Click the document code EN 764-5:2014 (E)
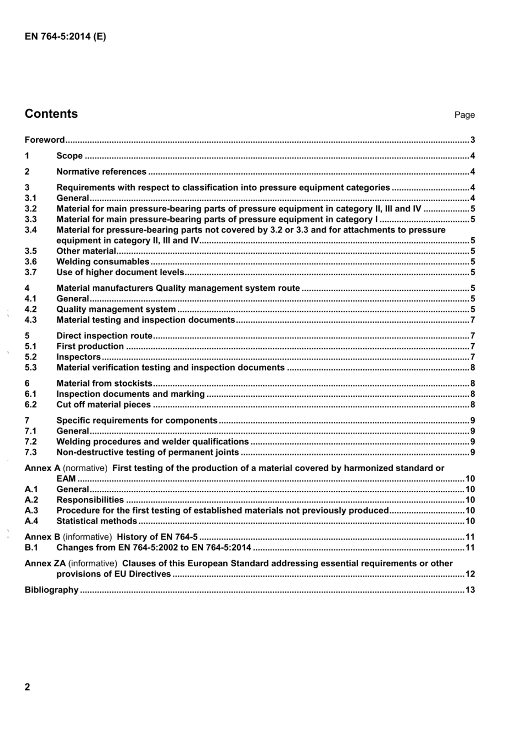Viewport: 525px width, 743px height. pyautogui.click(x=65, y=36)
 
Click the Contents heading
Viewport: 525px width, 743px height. pyautogui.click(x=51, y=114)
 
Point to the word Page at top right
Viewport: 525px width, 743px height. pyautogui.click(x=464, y=115)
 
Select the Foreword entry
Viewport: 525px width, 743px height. pyautogui.click(x=45, y=140)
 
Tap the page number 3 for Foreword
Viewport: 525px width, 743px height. pyautogui.click(x=473, y=140)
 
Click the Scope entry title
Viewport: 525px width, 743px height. pyautogui.click(x=70, y=156)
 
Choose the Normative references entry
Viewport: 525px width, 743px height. pyautogui.click(x=101, y=172)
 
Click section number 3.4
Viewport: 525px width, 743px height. pyautogui.click(x=31, y=230)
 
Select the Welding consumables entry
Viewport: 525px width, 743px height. pyautogui.click(x=103, y=262)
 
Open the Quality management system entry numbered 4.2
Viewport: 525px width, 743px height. pyautogui.click(x=116, y=310)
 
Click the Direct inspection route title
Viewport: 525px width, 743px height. pyautogui.click(x=104, y=336)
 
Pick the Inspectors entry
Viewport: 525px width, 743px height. pyautogui.click(x=78, y=357)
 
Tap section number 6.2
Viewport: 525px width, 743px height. pyautogui.click(x=31, y=405)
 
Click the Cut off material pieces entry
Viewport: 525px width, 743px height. pyautogui.click(x=103, y=405)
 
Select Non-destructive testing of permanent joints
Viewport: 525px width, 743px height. pyautogui.click(x=148, y=452)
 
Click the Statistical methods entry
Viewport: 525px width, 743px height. pyautogui.click(x=97, y=521)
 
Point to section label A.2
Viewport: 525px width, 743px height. pyautogui.click(x=32, y=500)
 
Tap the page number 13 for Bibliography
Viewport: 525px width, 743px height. pyautogui.click(x=470, y=590)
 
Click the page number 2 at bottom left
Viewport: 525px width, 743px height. pyautogui.click(x=28, y=687)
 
